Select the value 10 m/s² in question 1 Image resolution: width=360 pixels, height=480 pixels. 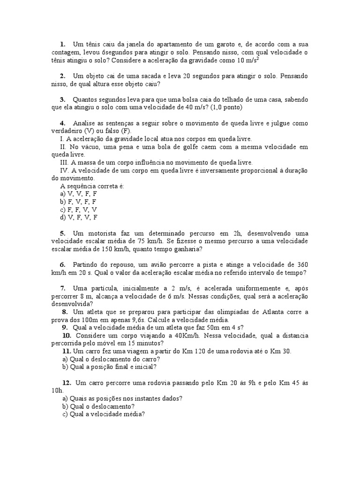coord(248,60)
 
